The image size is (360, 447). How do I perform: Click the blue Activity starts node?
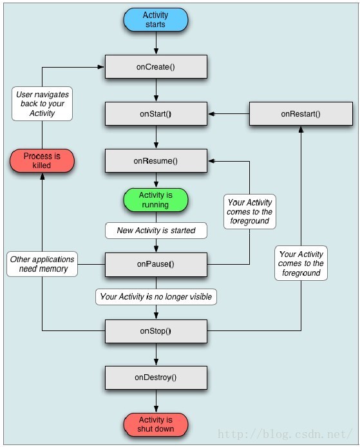156,20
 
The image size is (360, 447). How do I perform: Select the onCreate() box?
156,67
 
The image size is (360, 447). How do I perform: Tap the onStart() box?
156,114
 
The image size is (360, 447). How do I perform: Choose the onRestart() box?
301,114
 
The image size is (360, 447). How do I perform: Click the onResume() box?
156,161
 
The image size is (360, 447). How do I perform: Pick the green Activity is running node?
156,200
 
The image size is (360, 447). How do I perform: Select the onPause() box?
156,264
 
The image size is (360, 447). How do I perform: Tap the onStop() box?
156,331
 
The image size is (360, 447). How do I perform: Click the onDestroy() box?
156,377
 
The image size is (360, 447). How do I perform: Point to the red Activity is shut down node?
156,424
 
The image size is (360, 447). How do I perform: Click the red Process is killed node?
42,161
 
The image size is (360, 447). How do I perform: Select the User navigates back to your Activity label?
43,104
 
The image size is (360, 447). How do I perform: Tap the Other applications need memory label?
43,264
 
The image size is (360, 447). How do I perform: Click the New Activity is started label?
156,231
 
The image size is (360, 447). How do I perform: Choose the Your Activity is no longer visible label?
156,297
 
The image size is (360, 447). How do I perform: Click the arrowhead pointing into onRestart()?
301,129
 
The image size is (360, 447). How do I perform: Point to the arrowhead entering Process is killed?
43,176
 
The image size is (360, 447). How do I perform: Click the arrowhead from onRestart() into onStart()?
211,114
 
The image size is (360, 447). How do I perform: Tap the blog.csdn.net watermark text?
285,434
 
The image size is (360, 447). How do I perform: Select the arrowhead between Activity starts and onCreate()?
156,51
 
